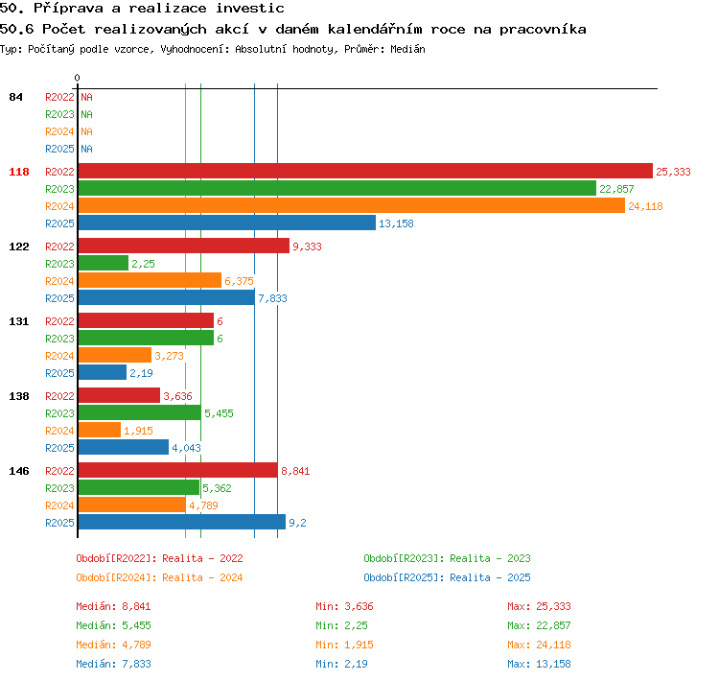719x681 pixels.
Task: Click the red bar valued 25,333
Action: pyautogui.click(x=365, y=171)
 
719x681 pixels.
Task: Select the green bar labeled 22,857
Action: pyautogui.click(x=337, y=188)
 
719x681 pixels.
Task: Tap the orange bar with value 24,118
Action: pyautogui.click(x=352, y=205)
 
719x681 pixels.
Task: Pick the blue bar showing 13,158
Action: pyautogui.click(x=227, y=223)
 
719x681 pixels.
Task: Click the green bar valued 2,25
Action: pyautogui.click(x=104, y=263)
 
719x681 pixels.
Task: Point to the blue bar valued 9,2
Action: pyautogui.click(x=181, y=522)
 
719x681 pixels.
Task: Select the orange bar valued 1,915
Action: pyautogui.click(x=100, y=430)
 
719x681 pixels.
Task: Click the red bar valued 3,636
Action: pyautogui.click(x=119, y=395)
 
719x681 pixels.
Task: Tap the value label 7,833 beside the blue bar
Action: pyautogui.click(x=272, y=298)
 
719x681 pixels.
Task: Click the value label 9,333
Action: pyautogui.click(x=307, y=247)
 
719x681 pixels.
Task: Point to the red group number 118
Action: pyautogui.click(x=19, y=172)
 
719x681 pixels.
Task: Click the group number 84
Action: pyautogui.click(x=15, y=97)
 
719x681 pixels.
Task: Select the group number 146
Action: pyautogui.click(x=19, y=471)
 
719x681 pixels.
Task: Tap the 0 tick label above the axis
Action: pyautogui.click(x=77, y=78)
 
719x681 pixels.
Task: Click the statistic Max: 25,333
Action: pyautogui.click(x=539, y=606)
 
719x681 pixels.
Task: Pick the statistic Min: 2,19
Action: pyautogui.click(x=341, y=664)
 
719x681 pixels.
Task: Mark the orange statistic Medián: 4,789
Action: pyautogui.click(x=114, y=645)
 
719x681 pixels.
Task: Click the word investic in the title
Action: pyautogui.click(x=250, y=9)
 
